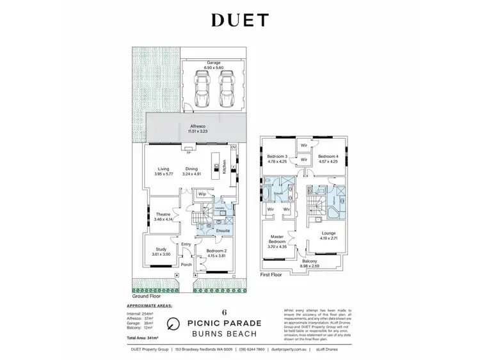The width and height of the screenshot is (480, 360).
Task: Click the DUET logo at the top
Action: coord(239,21)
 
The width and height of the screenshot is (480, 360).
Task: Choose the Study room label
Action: coord(157,252)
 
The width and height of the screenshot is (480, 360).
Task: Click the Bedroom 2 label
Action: coord(215,253)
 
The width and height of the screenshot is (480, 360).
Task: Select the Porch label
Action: coord(187,265)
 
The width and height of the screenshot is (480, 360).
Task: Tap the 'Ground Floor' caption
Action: coord(146,296)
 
